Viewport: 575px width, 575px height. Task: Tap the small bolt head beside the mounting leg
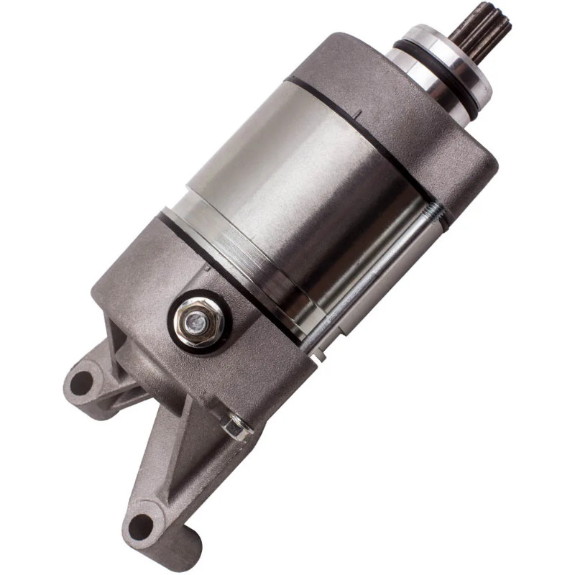point(234,428)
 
